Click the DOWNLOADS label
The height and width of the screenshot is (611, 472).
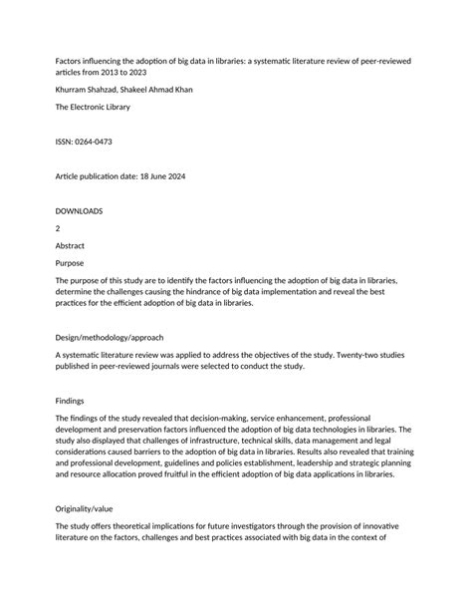click(80, 211)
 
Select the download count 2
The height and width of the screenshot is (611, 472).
click(58, 228)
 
